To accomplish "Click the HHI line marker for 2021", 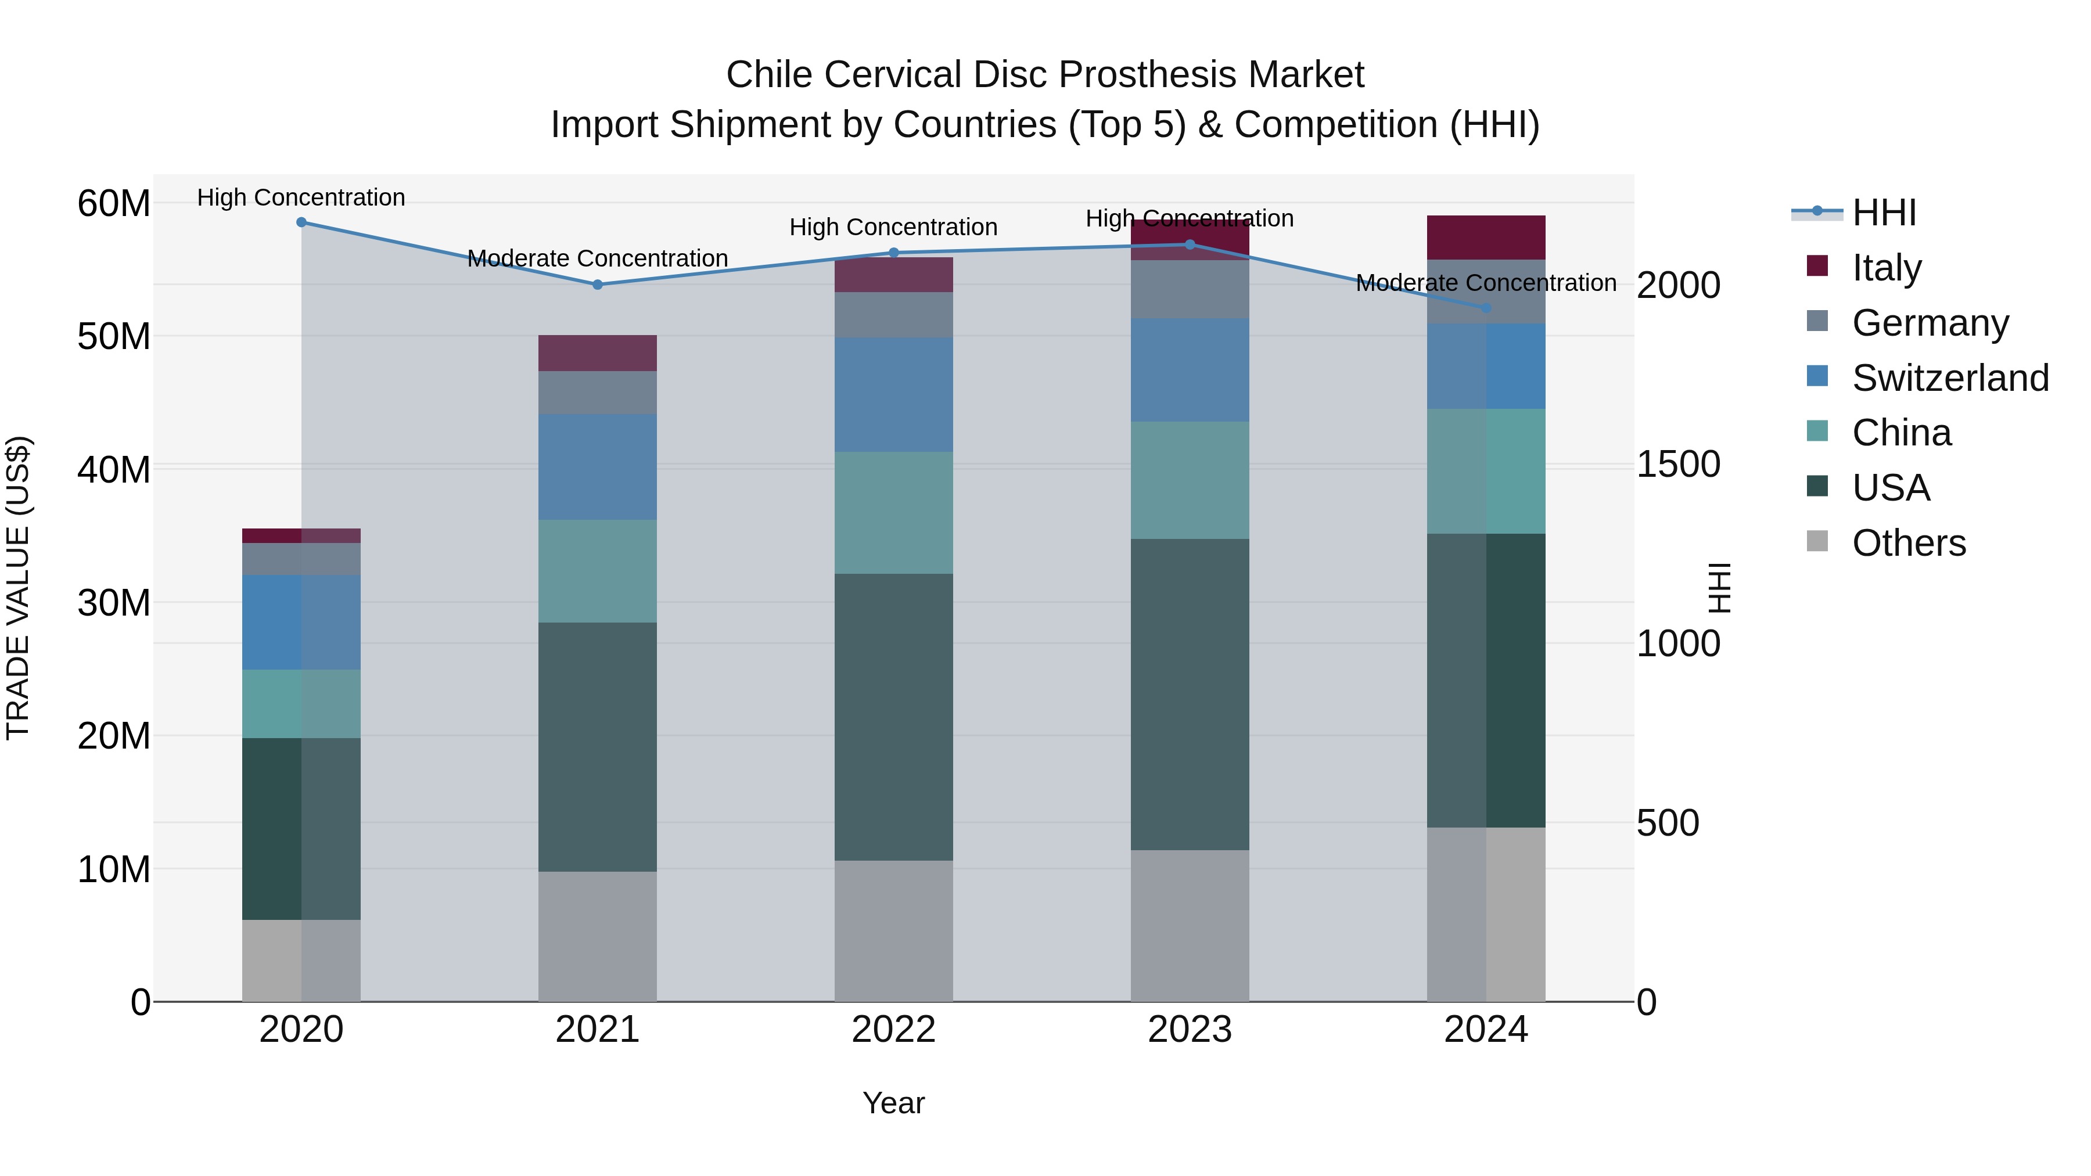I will point(598,285).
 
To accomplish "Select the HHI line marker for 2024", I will point(1486,308).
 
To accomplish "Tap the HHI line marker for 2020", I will point(301,222).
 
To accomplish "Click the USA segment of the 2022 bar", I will point(894,717).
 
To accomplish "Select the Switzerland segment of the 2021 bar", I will point(598,467).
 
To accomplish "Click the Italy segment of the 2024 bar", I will point(1486,238).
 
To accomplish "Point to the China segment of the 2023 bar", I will point(1190,480).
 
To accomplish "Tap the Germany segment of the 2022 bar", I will point(894,315).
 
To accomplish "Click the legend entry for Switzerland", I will point(1950,378).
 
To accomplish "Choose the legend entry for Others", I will point(1909,543).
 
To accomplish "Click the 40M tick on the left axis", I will point(114,470).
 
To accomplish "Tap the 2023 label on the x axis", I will point(1190,1030).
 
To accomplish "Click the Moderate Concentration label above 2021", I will point(598,258).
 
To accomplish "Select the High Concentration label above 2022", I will point(894,227).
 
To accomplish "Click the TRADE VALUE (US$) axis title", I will point(18,588).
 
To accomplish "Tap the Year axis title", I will point(894,1103).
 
